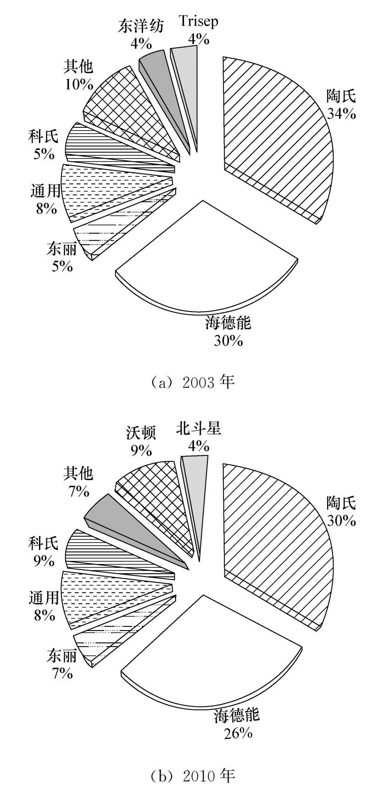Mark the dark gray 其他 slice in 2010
(119, 522)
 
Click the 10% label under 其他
(79, 85)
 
